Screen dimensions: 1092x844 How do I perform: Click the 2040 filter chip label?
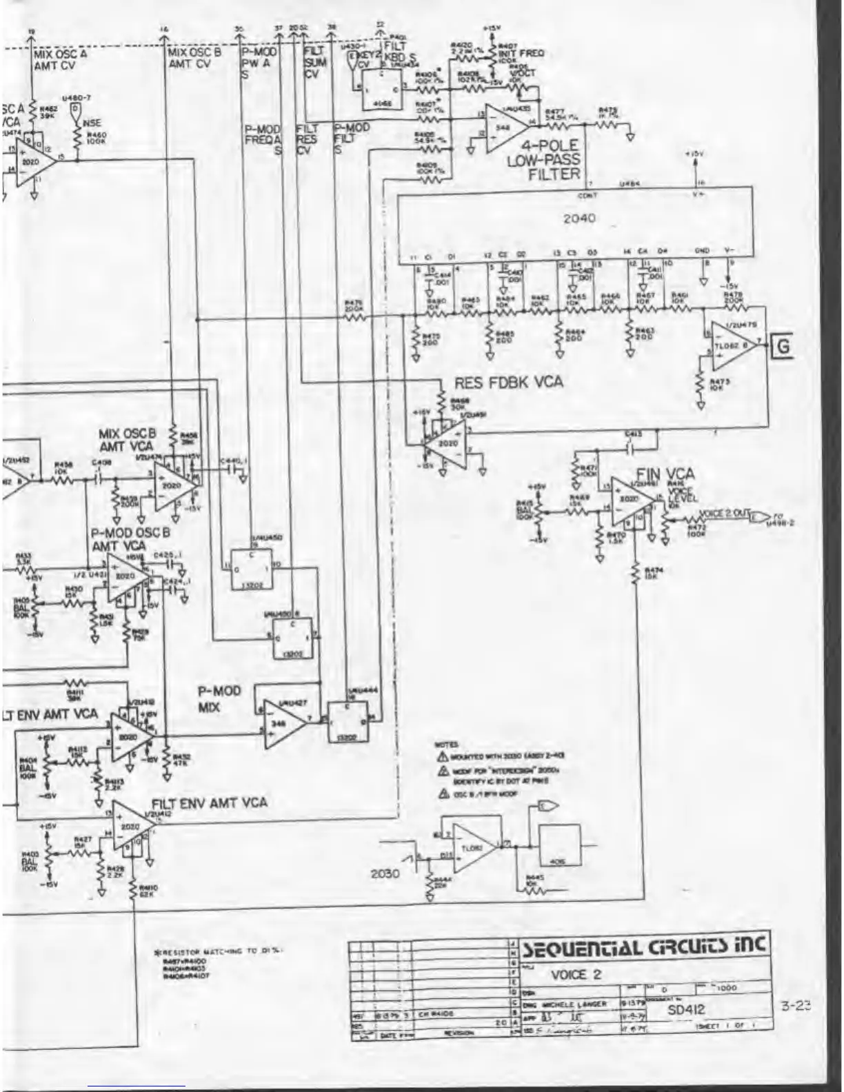point(579,219)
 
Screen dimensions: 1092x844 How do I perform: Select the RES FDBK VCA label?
point(508,382)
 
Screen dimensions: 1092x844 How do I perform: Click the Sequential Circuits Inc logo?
point(645,946)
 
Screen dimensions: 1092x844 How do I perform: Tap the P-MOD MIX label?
point(219,699)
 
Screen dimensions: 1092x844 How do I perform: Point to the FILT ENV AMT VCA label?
point(209,802)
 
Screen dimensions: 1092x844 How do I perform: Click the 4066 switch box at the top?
point(382,91)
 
